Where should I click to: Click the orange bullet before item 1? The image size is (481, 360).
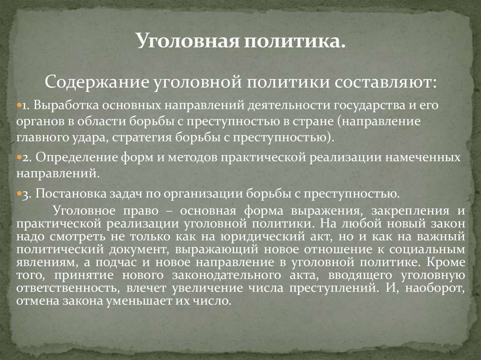coord(18,106)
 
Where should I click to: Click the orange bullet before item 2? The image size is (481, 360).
coord(18,158)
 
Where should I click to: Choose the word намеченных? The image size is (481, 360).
coord(427,158)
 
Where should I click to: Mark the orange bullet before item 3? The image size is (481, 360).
coord(18,193)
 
